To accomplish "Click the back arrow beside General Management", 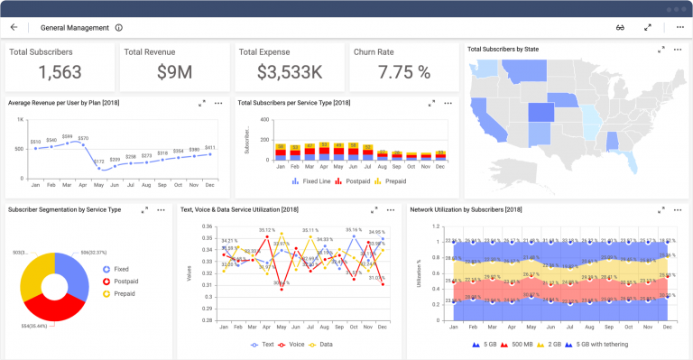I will (14, 27).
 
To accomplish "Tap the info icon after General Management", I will (119, 27).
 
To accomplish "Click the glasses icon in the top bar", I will (621, 27).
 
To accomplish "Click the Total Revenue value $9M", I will (174, 73).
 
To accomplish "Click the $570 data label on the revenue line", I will (83, 138).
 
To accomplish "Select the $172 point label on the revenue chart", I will (98, 161).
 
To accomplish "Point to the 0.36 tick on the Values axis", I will (208, 228).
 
